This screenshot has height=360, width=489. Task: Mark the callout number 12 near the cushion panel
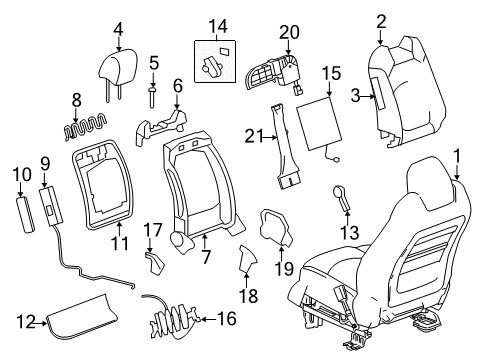pyautogui.click(x=25, y=320)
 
